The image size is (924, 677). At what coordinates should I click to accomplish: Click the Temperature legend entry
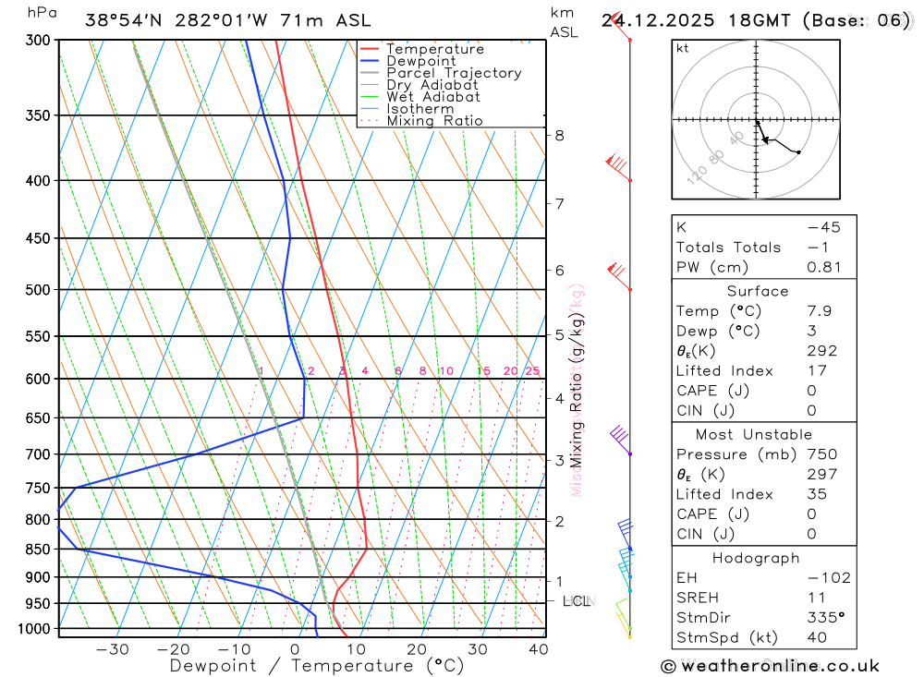coord(434,49)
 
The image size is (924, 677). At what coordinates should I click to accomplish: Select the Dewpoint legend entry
coord(420,61)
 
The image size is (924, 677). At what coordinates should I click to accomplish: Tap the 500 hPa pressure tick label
coord(39,290)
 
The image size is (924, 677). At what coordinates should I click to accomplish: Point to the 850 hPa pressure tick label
coord(39,550)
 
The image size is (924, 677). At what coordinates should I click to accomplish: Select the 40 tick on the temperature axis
coord(539,649)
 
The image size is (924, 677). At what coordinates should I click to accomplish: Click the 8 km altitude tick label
coord(559,135)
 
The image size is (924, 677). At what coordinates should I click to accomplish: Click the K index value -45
coord(817,227)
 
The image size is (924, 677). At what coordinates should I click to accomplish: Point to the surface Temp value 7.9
coord(819,311)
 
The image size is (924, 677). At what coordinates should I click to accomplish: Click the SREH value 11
coord(815,598)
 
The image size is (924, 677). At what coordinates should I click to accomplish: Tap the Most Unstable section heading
coord(755,434)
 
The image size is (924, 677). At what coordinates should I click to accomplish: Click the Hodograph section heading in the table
coord(756,558)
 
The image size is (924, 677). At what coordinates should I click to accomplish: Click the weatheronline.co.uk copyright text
coord(771,666)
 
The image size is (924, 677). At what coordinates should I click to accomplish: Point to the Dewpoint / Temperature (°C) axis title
coord(317,666)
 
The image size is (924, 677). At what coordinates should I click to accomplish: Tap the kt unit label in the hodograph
coord(683,49)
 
